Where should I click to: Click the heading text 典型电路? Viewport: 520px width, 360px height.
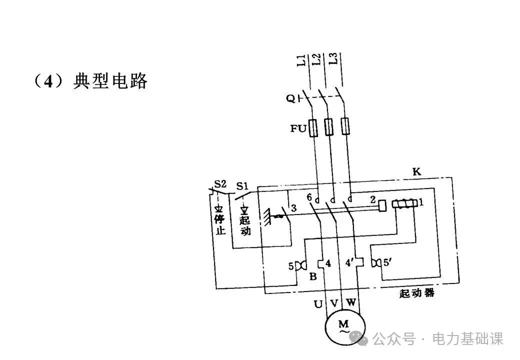click(110, 80)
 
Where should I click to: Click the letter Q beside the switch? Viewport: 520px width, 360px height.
click(290, 99)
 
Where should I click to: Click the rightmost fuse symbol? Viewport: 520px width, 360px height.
click(345, 126)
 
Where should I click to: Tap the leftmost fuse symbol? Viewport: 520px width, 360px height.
click(313, 127)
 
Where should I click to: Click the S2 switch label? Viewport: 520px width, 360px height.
click(220, 184)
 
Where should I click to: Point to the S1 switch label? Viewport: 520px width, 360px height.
click(242, 186)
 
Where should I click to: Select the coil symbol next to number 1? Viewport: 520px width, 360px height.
click(404, 203)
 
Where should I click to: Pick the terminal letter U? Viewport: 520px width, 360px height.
click(318, 303)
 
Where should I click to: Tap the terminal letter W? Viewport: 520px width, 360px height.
click(351, 302)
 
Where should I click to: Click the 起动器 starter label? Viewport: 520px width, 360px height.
click(417, 293)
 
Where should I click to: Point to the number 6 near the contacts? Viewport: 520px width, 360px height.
click(309, 198)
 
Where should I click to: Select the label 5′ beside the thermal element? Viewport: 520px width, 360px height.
click(387, 262)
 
